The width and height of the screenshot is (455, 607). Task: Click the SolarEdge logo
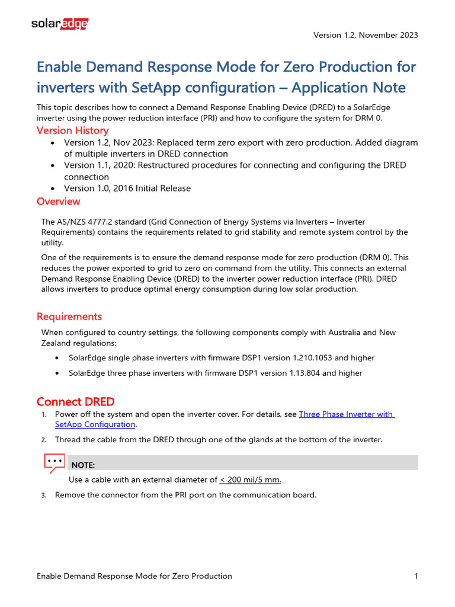tap(59, 24)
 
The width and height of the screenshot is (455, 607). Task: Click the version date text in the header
tap(366, 35)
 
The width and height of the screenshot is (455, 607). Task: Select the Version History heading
tap(72, 130)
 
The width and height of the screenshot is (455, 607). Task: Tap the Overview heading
tap(58, 202)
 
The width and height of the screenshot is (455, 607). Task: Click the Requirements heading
tap(69, 317)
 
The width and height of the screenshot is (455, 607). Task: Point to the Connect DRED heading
tap(75, 402)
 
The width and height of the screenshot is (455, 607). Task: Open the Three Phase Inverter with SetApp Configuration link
tap(347, 414)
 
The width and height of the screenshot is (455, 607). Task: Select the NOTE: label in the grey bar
tap(83, 465)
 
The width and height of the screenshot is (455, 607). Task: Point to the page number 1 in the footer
tap(416, 576)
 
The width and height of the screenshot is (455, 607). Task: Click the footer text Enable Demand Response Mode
tap(134, 576)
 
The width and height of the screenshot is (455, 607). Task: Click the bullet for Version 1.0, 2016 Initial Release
tap(55, 189)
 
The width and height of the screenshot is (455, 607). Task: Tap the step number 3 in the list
tap(43, 496)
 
